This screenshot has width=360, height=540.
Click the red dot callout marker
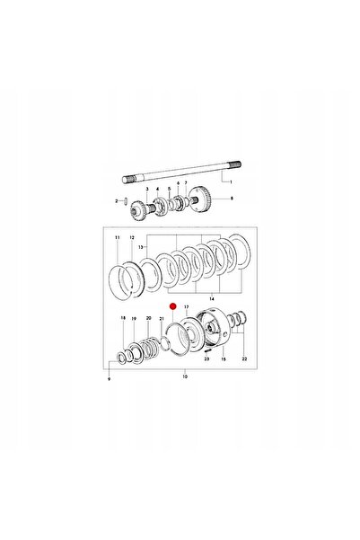point(172,305)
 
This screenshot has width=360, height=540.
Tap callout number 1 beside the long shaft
point(231,181)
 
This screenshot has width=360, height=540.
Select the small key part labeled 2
point(126,200)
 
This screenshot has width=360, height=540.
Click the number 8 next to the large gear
point(232,199)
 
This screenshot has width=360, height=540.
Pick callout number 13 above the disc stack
point(140,247)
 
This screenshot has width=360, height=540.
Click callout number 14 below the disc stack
point(211,298)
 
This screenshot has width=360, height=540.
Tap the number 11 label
point(118,237)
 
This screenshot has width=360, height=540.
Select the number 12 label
point(132,237)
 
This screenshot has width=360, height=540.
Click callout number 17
point(187,306)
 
